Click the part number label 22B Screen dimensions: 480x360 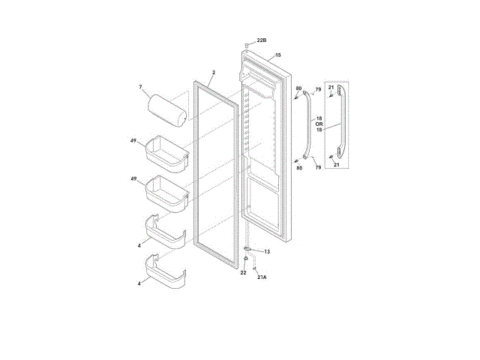pyautogui.click(x=262, y=40)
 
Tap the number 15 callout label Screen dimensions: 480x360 pyautogui.click(x=278, y=55)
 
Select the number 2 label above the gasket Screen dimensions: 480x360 pyautogui.click(x=214, y=73)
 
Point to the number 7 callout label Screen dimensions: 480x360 pyautogui.click(x=140, y=87)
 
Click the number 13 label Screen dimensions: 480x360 pyautogui.click(x=267, y=252)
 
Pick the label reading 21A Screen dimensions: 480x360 pyautogui.click(x=262, y=277)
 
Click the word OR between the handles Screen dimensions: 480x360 pyautogui.click(x=319, y=124)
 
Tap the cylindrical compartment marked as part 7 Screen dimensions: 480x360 pyautogui.click(x=167, y=110)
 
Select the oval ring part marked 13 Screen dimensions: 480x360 pyautogui.click(x=247, y=249)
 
